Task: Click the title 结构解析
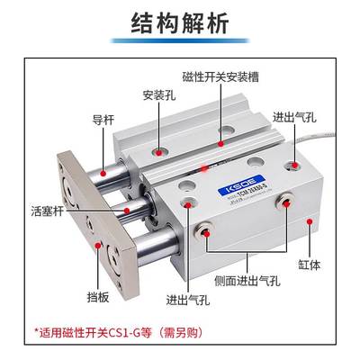point(179,21)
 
